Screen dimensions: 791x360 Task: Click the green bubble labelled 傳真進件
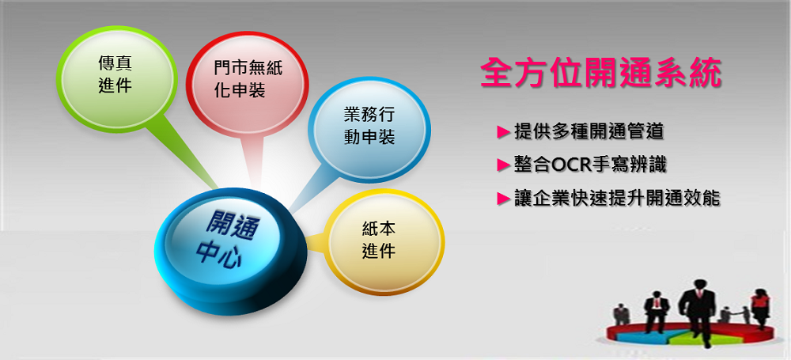coord(116,78)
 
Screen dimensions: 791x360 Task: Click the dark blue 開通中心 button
coord(229,250)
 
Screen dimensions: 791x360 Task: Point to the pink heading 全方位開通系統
coord(601,74)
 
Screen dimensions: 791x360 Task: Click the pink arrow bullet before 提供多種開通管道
coord(504,132)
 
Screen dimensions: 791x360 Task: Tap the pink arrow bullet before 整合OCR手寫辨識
coord(504,165)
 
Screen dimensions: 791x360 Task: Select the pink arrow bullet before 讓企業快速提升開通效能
coord(504,199)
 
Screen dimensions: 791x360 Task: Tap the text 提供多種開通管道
coord(589,132)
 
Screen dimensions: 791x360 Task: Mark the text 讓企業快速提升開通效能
coord(617,199)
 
